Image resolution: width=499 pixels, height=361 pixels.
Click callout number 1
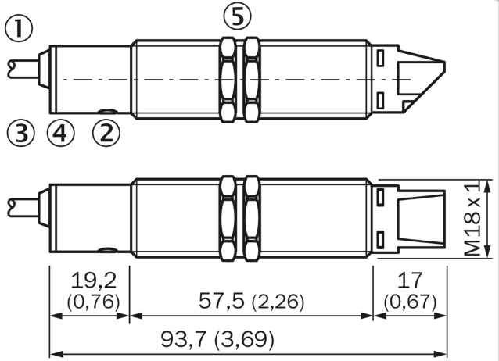coord(19,29)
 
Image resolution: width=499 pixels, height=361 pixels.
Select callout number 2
coord(106,134)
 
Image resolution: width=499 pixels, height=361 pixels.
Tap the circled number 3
coord(20,134)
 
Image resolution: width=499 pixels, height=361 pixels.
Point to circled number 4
coord(60,134)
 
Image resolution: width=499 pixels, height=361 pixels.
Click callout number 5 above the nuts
coord(237,16)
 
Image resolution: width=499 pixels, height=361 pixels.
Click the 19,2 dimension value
coord(94,281)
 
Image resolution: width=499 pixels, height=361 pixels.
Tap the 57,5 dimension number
coord(221,301)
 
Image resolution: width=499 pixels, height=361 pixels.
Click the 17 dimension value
coord(410,281)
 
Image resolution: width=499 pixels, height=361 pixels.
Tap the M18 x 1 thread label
coord(472,219)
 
